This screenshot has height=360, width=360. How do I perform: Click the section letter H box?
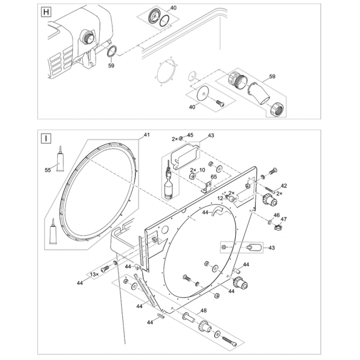click(x=45, y=12)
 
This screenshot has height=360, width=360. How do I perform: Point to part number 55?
click(x=48, y=170)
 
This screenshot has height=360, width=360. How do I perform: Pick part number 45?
click(x=190, y=135)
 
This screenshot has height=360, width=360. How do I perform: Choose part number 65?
click(x=213, y=177)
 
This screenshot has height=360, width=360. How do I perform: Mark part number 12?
click(x=220, y=198)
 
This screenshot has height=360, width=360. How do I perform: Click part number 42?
click(x=283, y=185)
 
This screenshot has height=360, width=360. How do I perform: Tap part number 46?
click(x=277, y=216)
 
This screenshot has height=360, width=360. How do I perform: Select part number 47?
click(x=283, y=219)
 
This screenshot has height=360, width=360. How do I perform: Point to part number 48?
click(x=203, y=310)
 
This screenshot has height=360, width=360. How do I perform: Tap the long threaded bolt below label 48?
click(x=228, y=340)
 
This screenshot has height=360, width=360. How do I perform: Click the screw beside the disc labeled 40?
click(x=220, y=103)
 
